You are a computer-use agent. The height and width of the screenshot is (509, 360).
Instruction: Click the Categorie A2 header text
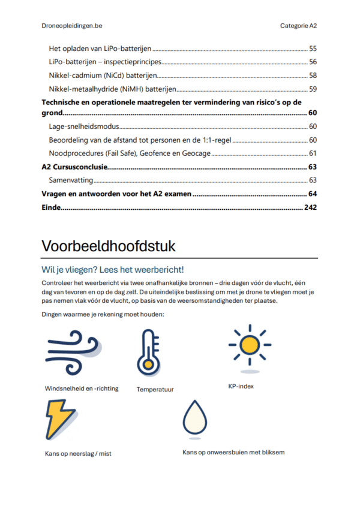click(298, 26)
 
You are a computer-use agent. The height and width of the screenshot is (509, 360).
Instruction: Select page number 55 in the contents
click(313, 48)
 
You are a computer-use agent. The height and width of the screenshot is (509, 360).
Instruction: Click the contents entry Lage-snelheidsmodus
click(84, 127)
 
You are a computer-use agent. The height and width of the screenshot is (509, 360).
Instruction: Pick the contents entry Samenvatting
click(71, 180)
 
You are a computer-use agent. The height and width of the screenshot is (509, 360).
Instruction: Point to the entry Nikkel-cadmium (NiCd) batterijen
click(103, 76)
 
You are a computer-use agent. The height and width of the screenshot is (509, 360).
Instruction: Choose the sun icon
click(249, 346)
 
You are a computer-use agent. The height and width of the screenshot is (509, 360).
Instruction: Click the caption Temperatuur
click(155, 389)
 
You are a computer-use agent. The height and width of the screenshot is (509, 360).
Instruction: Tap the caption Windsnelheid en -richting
click(82, 388)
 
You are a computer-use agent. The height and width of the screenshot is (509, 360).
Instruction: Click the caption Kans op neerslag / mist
click(78, 453)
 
